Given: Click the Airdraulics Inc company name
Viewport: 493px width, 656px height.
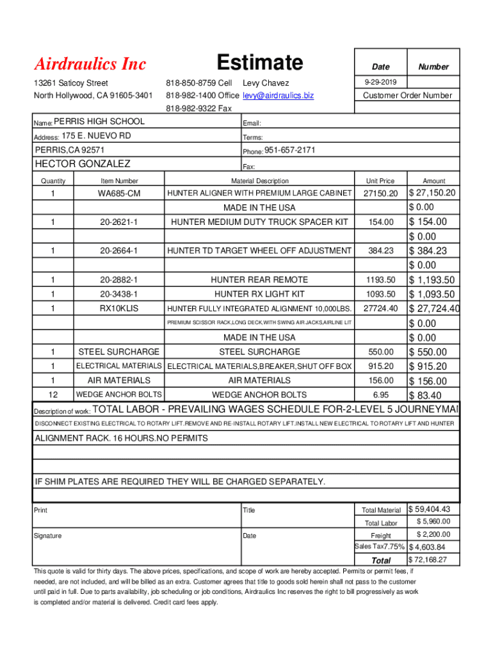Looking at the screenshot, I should pyautogui.click(x=90, y=64).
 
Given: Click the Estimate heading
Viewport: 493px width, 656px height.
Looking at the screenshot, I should pyautogui.click(x=259, y=63).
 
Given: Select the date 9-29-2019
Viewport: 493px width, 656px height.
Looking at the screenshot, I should pyautogui.click(x=380, y=83).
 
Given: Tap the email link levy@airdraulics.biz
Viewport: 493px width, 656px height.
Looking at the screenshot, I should pyautogui.click(x=279, y=95).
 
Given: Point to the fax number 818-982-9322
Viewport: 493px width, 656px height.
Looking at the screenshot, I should pyautogui.click(x=198, y=108).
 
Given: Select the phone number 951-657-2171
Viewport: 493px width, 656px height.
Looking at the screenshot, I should pyautogui.click(x=290, y=151).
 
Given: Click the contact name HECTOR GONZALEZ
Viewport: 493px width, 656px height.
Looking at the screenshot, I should pyautogui.click(x=82, y=164).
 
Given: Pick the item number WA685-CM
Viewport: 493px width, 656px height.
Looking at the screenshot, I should pyautogui.click(x=118, y=193).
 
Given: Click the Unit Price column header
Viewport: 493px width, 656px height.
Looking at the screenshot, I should pyautogui.click(x=380, y=181).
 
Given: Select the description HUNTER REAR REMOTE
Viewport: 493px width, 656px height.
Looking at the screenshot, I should pyautogui.click(x=259, y=280).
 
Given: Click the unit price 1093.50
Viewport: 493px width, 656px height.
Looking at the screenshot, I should pyautogui.click(x=380, y=295).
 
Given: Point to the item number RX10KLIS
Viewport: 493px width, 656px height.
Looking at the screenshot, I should pyautogui.click(x=118, y=309).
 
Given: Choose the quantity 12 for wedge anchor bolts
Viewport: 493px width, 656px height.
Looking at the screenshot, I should pyautogui.click(x=53, y=395).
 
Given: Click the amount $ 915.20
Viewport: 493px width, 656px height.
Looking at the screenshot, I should pyautogui.click(x=428, y=366).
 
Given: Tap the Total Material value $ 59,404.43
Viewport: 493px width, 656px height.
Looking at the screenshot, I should pyautogui.click(x=433, y=509).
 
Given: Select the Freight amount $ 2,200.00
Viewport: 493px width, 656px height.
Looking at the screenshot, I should pyautogui.click(x=433, y=535).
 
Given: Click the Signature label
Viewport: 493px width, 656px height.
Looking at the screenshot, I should pyautogui.click(x=48, y=536).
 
